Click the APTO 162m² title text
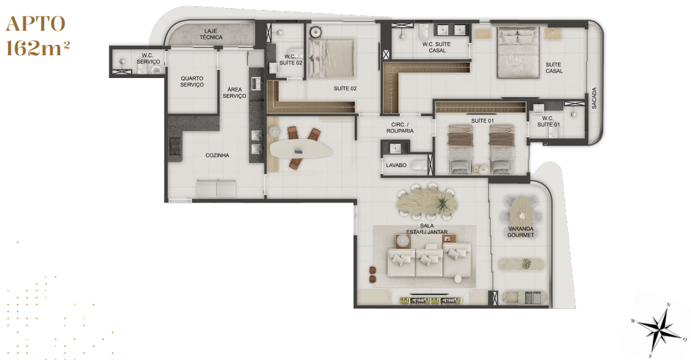pos(37,36)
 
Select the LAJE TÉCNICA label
pos(211,34)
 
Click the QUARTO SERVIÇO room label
pos(192,82)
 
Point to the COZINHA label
pos(217,155)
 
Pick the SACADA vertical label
pos(594,98)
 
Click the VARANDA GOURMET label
pos(521,232)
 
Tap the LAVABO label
pos(396,165)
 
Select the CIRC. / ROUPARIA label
pos(400,128)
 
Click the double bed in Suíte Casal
pos(518,53)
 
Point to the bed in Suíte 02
pos(331,58)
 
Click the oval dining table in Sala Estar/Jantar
pos(427,202)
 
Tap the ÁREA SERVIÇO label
pos(234,93)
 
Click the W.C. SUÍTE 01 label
pos(548,121)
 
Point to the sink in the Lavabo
pos(396,147)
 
